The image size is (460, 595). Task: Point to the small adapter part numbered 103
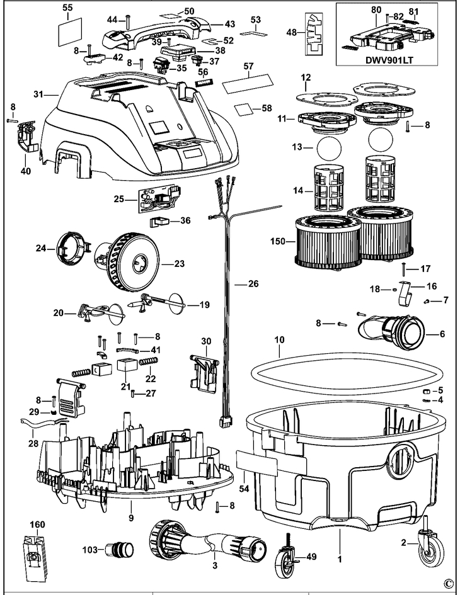point(120,549)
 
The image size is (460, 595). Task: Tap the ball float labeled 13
point(328,150)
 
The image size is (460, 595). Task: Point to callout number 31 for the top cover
point(38,94)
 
